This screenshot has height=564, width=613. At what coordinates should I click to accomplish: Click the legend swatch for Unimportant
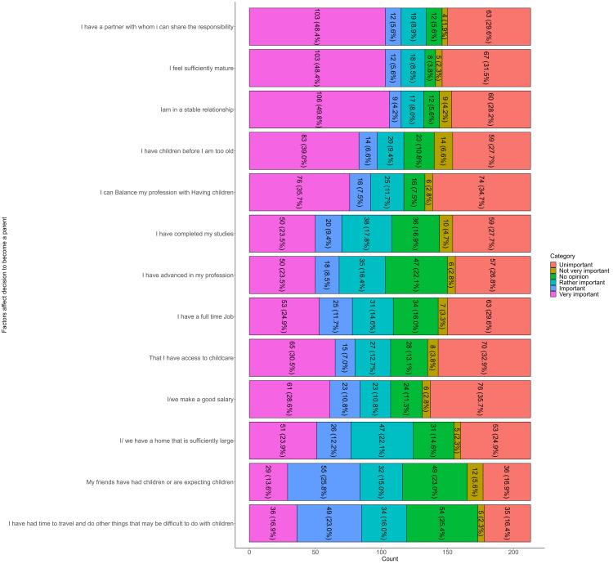(553, 263)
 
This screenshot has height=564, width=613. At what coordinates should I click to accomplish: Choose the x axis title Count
(391, 560)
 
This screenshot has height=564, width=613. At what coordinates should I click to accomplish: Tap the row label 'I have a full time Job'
(201, 316)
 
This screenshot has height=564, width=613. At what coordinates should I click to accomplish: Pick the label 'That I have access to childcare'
(193, 358)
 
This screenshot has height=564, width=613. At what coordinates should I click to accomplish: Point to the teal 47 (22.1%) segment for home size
(382, 441)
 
